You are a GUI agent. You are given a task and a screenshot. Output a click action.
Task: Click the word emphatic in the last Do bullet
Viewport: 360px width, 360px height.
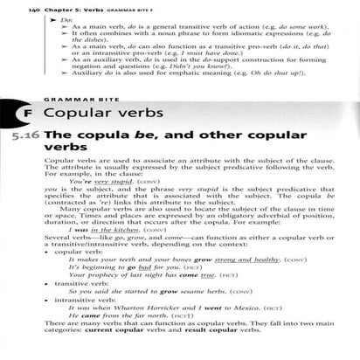[181, 80]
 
